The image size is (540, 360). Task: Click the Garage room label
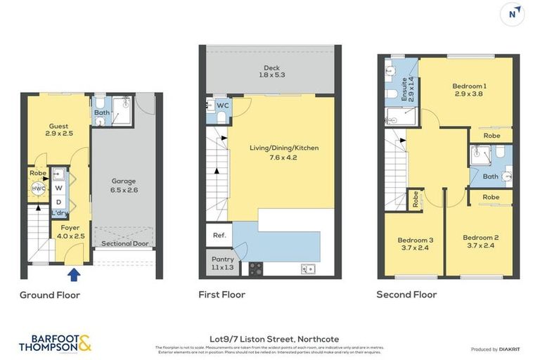(124, 185)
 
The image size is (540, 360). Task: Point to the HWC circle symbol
(37, 188)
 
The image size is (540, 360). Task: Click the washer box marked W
(59, 188)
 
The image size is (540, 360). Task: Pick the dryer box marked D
(59, 202)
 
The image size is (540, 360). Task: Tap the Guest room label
(59, 129)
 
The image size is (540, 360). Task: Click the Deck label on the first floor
(271, 71)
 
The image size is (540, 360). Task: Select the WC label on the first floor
(224, 105)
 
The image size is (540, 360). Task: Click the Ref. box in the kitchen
(214, 235)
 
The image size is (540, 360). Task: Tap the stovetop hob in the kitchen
(255, 268)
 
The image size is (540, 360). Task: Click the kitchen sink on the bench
(307, 268)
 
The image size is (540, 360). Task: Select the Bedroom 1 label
(470, 90)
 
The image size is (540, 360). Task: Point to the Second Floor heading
(406, 295)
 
